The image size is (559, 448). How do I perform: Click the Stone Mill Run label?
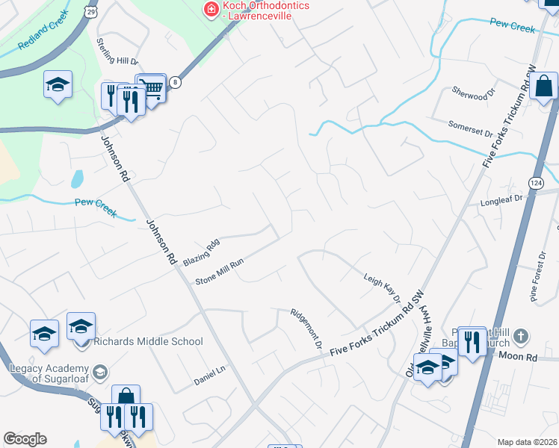(x=220, y=272)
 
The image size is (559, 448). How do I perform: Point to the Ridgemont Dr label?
(x=305, y=329)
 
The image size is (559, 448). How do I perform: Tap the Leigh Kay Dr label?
(x=383, y=287)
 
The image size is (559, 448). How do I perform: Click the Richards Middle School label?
(x=148, y=341)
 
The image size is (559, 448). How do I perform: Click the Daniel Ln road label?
(x=209, y=369)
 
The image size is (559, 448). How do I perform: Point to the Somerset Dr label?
(x=471, y=128)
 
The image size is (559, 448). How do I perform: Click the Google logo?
(x=25, y=439)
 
